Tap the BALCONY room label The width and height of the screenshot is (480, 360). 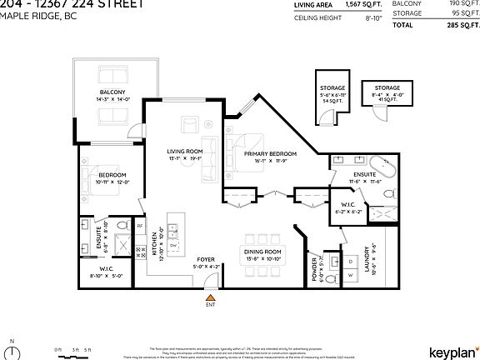(112, 92)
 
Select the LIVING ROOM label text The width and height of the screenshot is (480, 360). (184, 152)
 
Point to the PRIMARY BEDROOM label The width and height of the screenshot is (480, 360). (266, 155)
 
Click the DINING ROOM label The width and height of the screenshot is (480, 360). (262, 251)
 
